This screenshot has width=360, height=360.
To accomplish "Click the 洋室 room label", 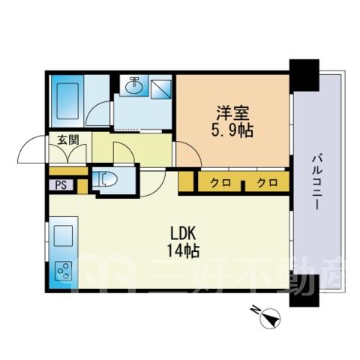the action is tap(232, 113).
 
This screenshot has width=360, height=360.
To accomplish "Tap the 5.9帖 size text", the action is tap(232, 130).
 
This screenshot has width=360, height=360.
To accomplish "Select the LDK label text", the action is tap(183, 234).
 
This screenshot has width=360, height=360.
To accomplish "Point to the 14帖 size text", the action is tap(183, 250).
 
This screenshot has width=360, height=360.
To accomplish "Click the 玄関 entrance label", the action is tap(68, 140).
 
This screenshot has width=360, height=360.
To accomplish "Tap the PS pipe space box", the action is tap(61, 185).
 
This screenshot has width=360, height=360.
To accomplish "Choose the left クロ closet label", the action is tap(220, 183).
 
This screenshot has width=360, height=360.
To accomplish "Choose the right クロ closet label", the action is tap(268, 183).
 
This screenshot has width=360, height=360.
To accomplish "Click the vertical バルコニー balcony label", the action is tap(317, 182).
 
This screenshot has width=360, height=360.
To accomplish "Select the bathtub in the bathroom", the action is tap(67, 101).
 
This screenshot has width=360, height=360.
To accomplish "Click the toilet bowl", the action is tap(107, 178).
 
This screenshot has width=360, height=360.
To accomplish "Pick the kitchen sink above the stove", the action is tap(64, 236).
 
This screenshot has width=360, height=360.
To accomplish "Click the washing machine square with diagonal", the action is tap(160, 89).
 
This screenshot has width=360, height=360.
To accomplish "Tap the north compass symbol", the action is tap(268, 316).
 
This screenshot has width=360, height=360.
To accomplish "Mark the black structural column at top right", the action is tap(304, 75).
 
